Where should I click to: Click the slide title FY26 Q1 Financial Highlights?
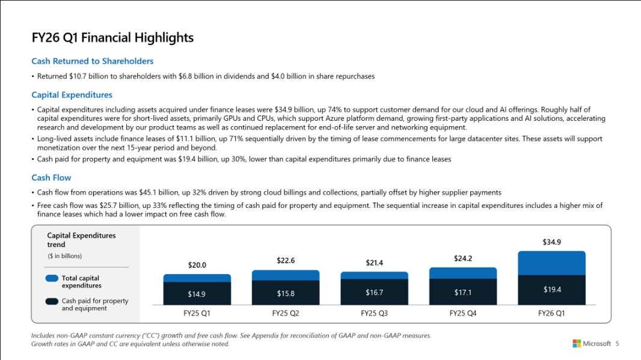[x=112, y=38]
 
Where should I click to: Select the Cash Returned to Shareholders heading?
[x=92, y=61]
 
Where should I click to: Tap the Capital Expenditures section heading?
[x=72, y=95]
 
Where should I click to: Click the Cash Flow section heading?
[x=51, y=177]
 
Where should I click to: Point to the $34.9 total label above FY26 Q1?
[x=551, y=242]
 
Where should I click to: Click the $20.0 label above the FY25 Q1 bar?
[x=197, y=264]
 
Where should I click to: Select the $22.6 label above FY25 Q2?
[x=286, y=260]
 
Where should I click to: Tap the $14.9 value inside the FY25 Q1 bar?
[x=197, y=294]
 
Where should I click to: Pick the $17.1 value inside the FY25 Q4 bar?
[x=463, y=293]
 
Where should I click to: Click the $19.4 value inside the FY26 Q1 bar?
[x=551, y=290]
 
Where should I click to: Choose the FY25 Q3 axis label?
[x=374, y=313]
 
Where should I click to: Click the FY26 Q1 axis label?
[x=551, y=313]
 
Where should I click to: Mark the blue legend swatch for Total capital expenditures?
[x=52, y=278]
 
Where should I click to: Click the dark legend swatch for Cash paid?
[x=52, y=301]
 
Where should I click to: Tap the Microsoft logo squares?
[x=577, y=343]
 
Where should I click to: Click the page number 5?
[x=617, y=344]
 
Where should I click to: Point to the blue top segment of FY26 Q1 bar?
[x=551, y=263]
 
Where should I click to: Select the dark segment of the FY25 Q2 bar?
[x=286, y=293]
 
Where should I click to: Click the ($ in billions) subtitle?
[x=64, y=256]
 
